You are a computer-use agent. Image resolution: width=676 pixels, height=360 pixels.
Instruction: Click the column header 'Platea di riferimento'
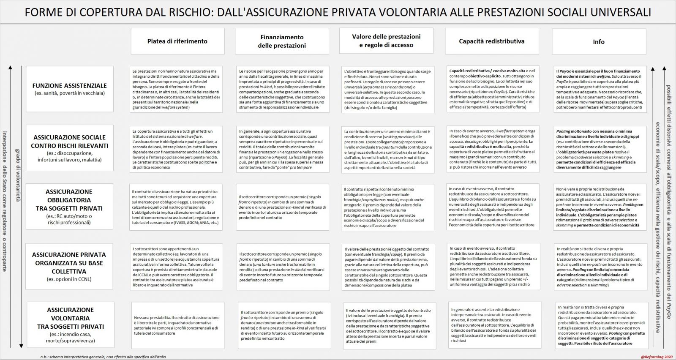[x=177, y=41]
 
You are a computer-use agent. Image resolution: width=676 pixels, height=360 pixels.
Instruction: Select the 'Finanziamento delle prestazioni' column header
[x=282, y=41]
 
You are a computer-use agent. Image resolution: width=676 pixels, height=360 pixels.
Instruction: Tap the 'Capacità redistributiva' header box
[x=492, y=41]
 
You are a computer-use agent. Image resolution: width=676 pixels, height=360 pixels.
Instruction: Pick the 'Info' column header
[x=599, y=42]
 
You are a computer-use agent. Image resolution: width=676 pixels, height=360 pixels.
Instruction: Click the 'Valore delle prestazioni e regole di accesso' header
[x=386, y=41]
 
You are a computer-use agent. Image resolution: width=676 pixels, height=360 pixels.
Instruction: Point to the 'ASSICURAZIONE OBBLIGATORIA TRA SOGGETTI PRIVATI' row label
[x=69, y=207]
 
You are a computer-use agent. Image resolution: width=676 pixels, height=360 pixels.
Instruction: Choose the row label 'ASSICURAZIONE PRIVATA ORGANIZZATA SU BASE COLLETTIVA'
[x=69, y=266]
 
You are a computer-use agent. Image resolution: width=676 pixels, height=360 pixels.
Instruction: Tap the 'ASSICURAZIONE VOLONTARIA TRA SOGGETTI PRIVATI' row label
[x=71, y=325]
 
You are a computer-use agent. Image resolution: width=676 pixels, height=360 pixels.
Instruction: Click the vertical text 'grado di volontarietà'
[x=18, y=175]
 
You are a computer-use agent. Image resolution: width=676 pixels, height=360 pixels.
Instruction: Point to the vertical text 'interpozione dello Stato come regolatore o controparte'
[x=5, y=201]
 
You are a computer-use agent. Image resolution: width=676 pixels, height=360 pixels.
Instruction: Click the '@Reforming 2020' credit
[x=657, y=357]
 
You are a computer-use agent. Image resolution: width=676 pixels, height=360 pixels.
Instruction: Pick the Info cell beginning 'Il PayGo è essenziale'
[x=599, y=89]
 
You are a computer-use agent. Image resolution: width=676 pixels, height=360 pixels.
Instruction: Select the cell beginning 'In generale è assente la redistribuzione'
[x=493, y=325]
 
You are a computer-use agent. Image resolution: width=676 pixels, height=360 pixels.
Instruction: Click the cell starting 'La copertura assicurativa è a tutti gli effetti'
[x=176, y=149]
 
